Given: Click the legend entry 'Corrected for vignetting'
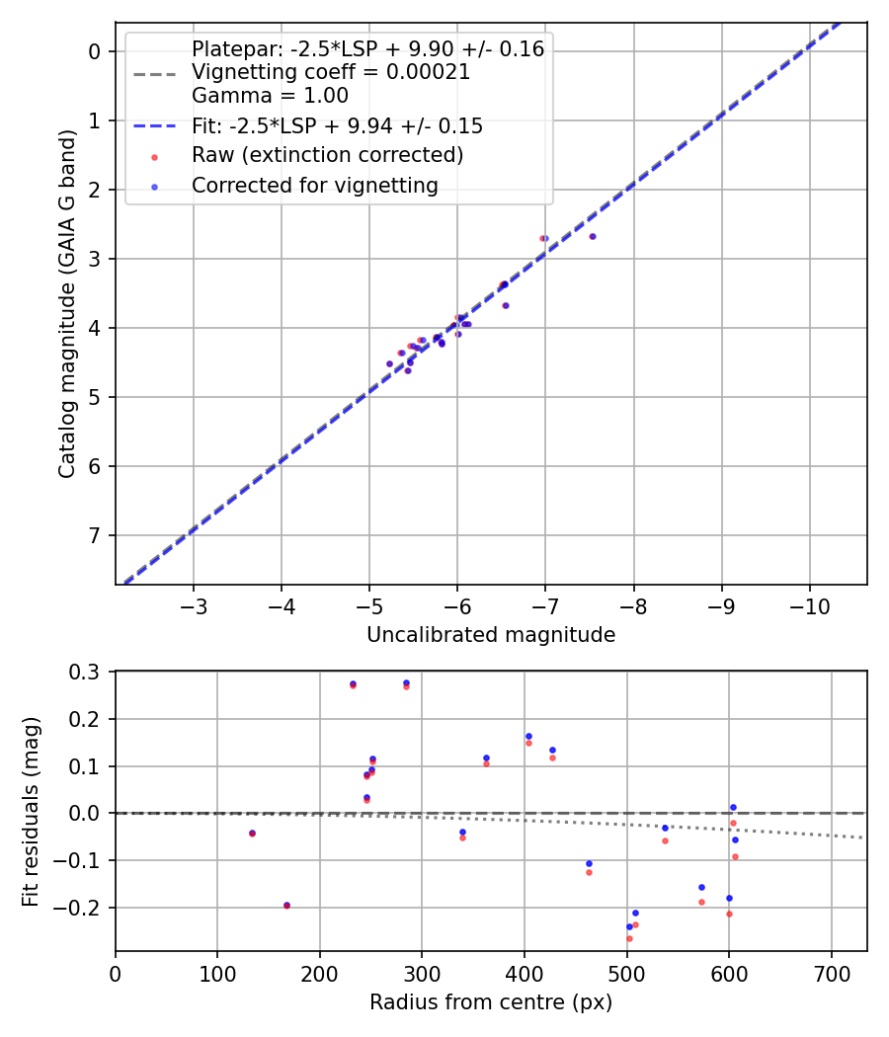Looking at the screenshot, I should pyautogui.click(x=313, y=186).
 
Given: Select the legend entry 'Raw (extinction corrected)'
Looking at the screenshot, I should pyautogui.click(x=327, y=155).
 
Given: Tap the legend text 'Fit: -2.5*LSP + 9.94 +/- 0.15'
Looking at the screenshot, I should pyautogui.click(x=337, y=126).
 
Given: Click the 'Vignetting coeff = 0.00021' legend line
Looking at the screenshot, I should pyautogui.click(x=331, y=72).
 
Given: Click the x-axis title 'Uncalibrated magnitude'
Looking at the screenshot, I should pyautogui.click(x=491, y=635).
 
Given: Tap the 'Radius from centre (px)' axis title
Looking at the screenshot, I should pyautogui.click(x=491, y=1002).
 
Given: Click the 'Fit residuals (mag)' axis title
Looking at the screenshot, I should pyautogui.click(x=31, y=812).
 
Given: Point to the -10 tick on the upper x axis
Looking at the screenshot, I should pyautogui.click(x=810, y=604).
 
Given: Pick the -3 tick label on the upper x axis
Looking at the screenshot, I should pyautogui.click(x=194, y=604).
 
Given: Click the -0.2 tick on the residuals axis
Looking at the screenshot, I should pyautogui.click(x=83, y=908).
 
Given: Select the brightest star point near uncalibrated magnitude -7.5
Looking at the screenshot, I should pyautogui.click(x=592, y=236).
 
